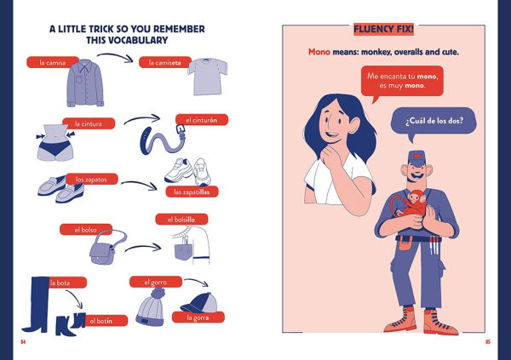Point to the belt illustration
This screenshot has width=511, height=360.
tap(162, 137)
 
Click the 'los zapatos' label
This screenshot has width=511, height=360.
tap(92, 180)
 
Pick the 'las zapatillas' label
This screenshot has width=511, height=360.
tap(187, 191)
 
